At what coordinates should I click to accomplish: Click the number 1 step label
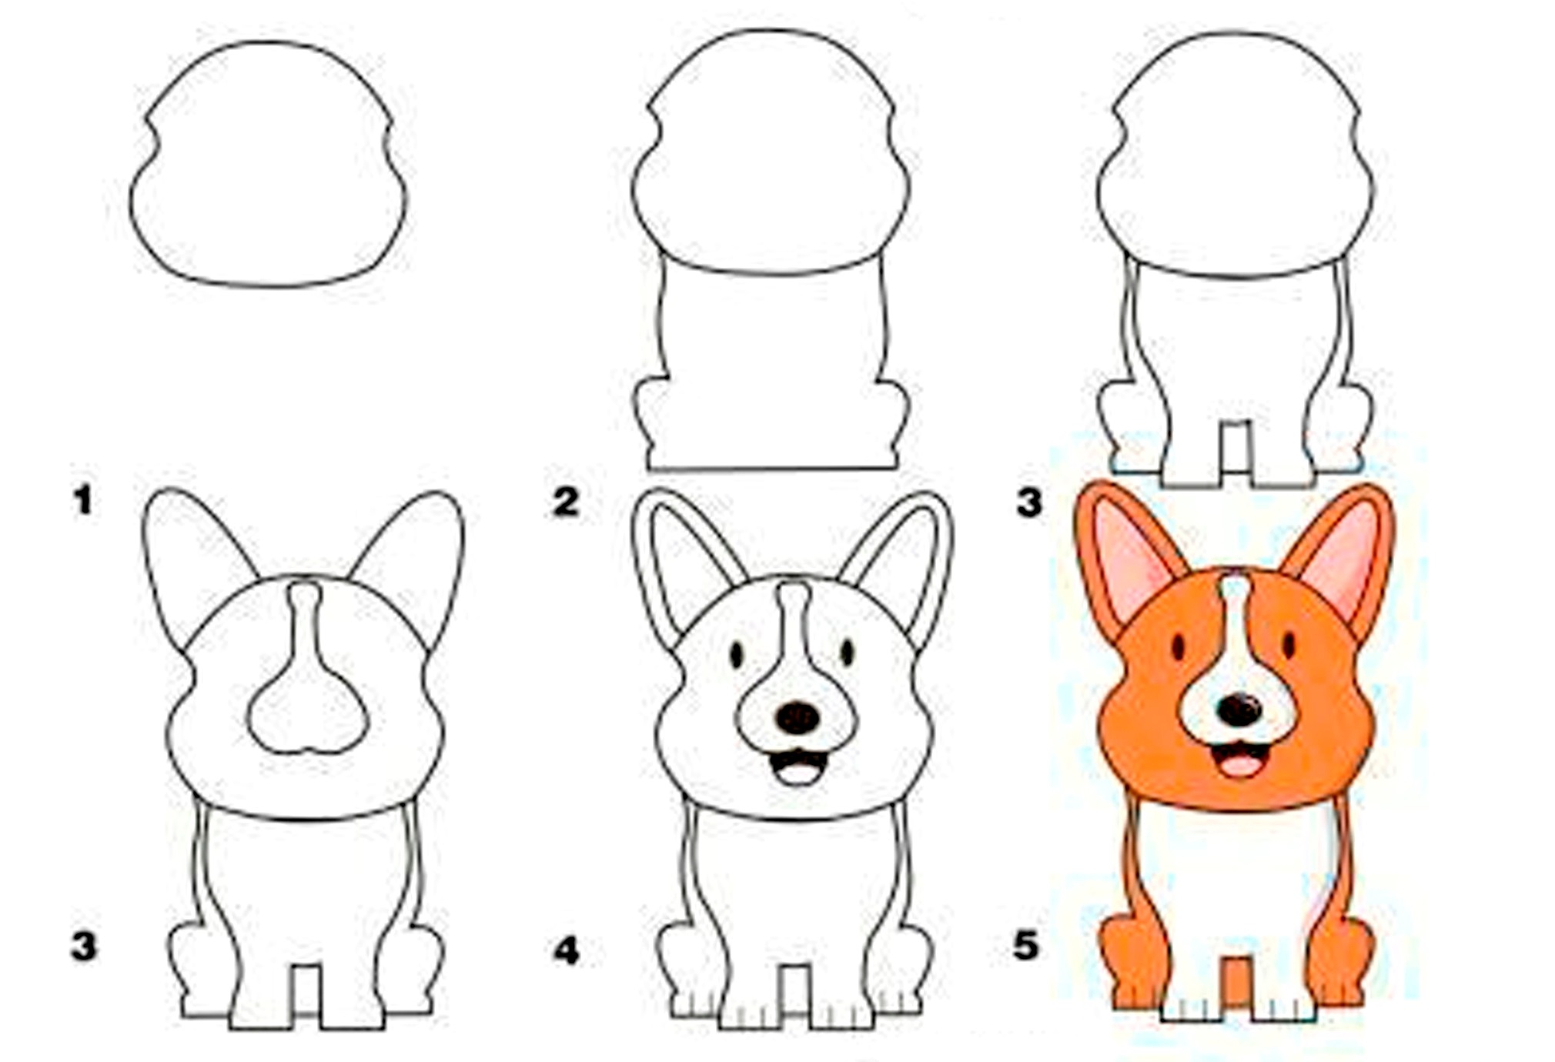click(x=83, y=501)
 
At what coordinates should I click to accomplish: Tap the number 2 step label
click(x=566, y=503)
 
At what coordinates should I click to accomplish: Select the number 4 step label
click(x=566, y=952)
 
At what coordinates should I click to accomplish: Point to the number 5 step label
click(x=1026, y=944)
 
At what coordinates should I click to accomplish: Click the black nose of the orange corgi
click(x=1239, y=709)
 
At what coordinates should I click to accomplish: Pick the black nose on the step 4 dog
click(x=798, y=717)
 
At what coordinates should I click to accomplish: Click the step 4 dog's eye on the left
click(x=736, y=655)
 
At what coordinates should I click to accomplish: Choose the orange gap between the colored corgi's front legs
click(x=1236, y=980)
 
